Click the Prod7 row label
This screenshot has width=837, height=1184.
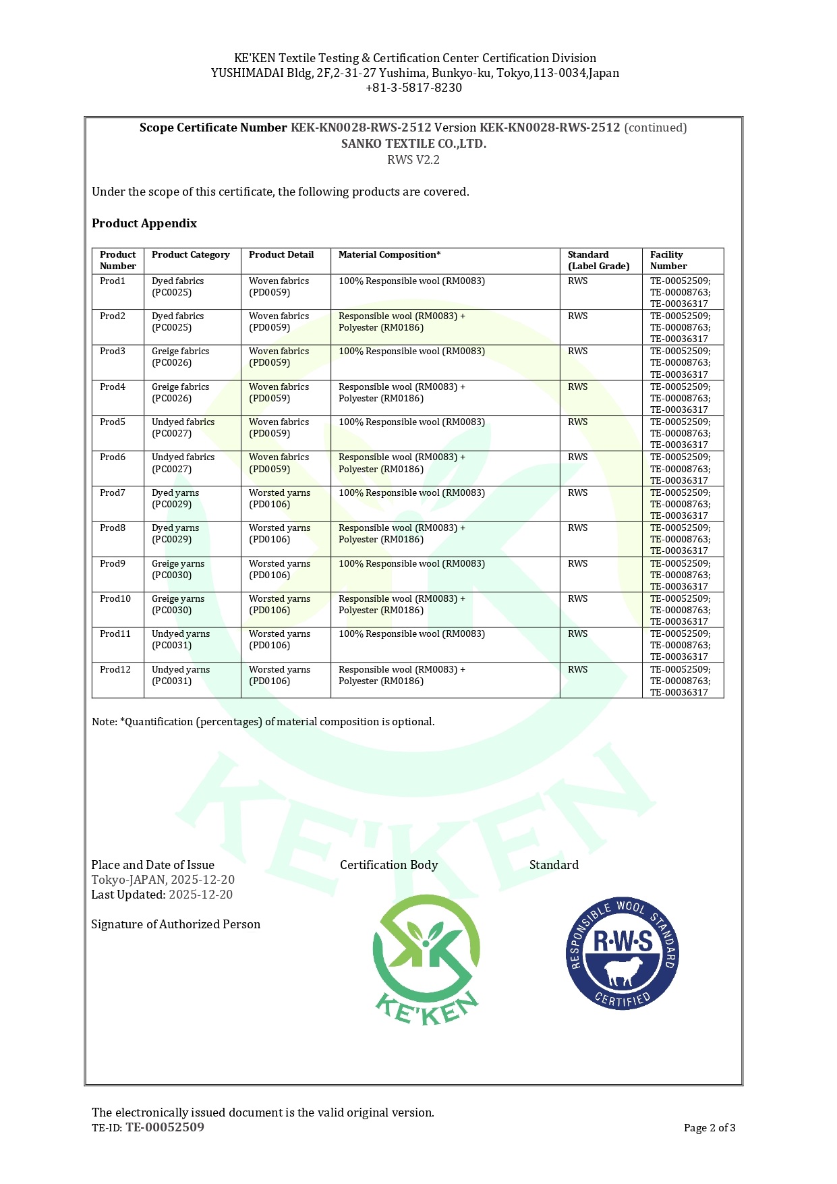pos(113,493)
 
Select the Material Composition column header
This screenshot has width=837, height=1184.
pos(389,255)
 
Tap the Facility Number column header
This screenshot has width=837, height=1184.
pos(666,260)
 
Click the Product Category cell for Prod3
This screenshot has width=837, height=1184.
pos(180,357)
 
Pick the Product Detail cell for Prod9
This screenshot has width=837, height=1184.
pos(279,569)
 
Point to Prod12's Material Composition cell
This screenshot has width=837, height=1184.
pos(401,675)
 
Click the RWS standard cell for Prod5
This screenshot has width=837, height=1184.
pos(577,422)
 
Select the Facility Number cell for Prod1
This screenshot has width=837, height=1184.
pos(680,292)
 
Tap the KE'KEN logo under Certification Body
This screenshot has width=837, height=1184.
pos(426,959)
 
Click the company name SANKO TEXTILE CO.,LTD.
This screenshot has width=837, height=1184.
pos(413,144)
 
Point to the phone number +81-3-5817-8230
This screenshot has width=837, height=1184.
pos(413,88)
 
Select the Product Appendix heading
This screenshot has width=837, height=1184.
pos(144,223)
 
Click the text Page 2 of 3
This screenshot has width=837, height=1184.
pos(709,1128)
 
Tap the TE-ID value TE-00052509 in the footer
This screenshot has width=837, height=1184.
pos(165,1127)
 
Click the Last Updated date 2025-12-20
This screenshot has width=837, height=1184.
pos(200,895)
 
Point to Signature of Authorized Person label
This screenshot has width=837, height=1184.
pos(175,924)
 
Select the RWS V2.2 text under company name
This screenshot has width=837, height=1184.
pos(413,160)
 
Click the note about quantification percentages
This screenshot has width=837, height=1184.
pos(263,722)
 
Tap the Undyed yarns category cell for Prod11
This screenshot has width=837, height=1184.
pos(180,640)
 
